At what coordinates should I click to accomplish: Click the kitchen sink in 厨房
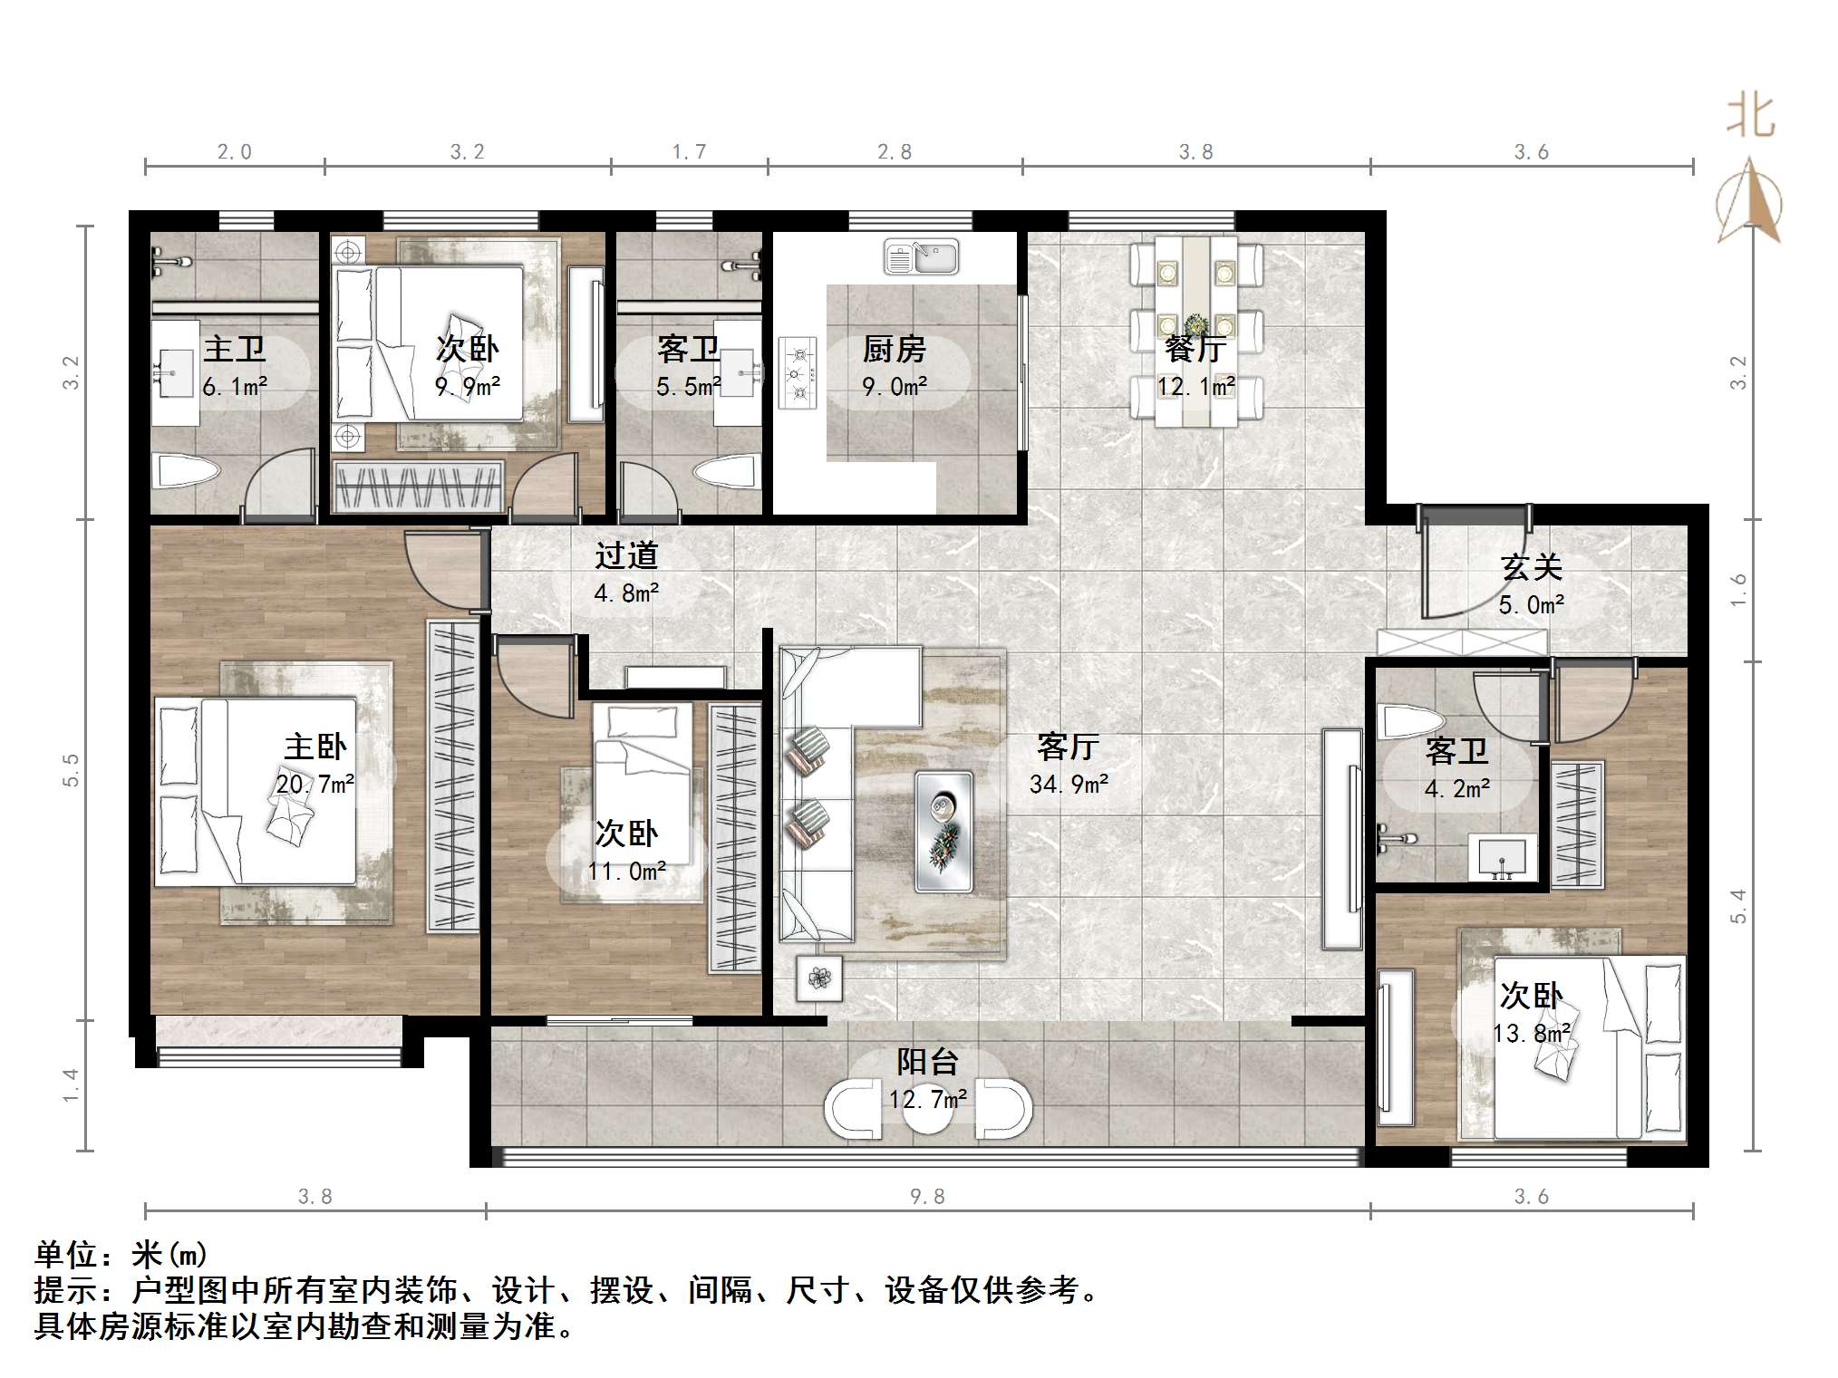pos(921,257)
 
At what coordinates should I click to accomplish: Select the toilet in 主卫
pos(186,471)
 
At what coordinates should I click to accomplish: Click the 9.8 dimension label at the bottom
pos(927,1197)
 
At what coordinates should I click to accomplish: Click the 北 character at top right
pos(1750,116)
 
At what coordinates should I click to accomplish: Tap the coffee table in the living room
pos(943,832)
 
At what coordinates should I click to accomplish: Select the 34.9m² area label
pos(1069,785)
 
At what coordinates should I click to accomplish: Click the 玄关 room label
pos(1532,567)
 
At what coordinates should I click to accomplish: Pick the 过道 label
pos(626,555)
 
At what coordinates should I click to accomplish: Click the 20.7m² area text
pos(314,784)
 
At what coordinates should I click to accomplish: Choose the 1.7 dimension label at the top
pos(689,151)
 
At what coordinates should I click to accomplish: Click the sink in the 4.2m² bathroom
pos(1503,858)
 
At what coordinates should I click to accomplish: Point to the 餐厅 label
pos(1196,348)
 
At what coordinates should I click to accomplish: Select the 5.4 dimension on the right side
pos(1737,905)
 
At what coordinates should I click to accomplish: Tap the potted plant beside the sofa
pos(819,978)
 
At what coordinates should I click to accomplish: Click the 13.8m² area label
pos(1532,1033)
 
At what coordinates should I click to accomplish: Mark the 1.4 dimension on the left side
pos(72,1085)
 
